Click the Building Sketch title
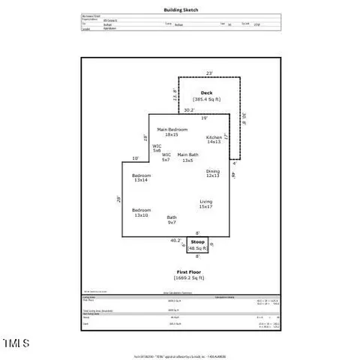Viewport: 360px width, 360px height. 181,10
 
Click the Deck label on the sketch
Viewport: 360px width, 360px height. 206,93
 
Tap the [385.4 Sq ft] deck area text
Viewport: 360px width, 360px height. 206,99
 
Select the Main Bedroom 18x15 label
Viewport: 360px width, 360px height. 172,132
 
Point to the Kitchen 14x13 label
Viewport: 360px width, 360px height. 214,139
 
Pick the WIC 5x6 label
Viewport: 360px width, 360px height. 157,148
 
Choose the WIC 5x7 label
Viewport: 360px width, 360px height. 166,157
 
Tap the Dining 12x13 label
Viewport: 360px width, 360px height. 213,173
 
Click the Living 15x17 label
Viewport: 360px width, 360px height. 206,203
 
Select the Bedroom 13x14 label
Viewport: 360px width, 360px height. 142,178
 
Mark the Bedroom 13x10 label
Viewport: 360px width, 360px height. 141,212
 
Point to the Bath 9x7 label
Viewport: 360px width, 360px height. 172,220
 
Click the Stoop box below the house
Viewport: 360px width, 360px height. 197,245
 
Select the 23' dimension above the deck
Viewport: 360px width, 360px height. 209,73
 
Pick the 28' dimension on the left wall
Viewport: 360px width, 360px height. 118,199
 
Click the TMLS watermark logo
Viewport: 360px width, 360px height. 16,343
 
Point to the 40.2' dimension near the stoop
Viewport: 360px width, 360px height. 175,241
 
